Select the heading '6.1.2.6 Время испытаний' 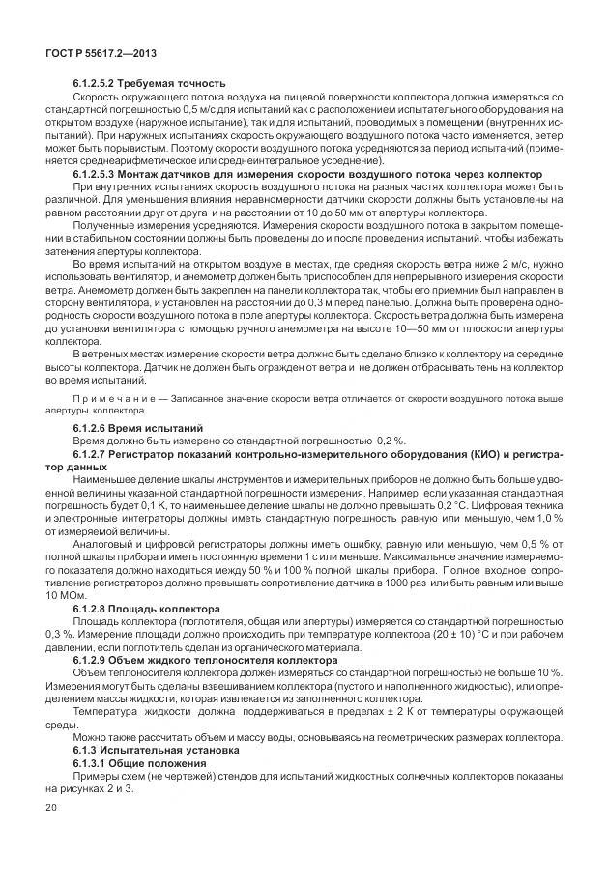pos(138,426)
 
